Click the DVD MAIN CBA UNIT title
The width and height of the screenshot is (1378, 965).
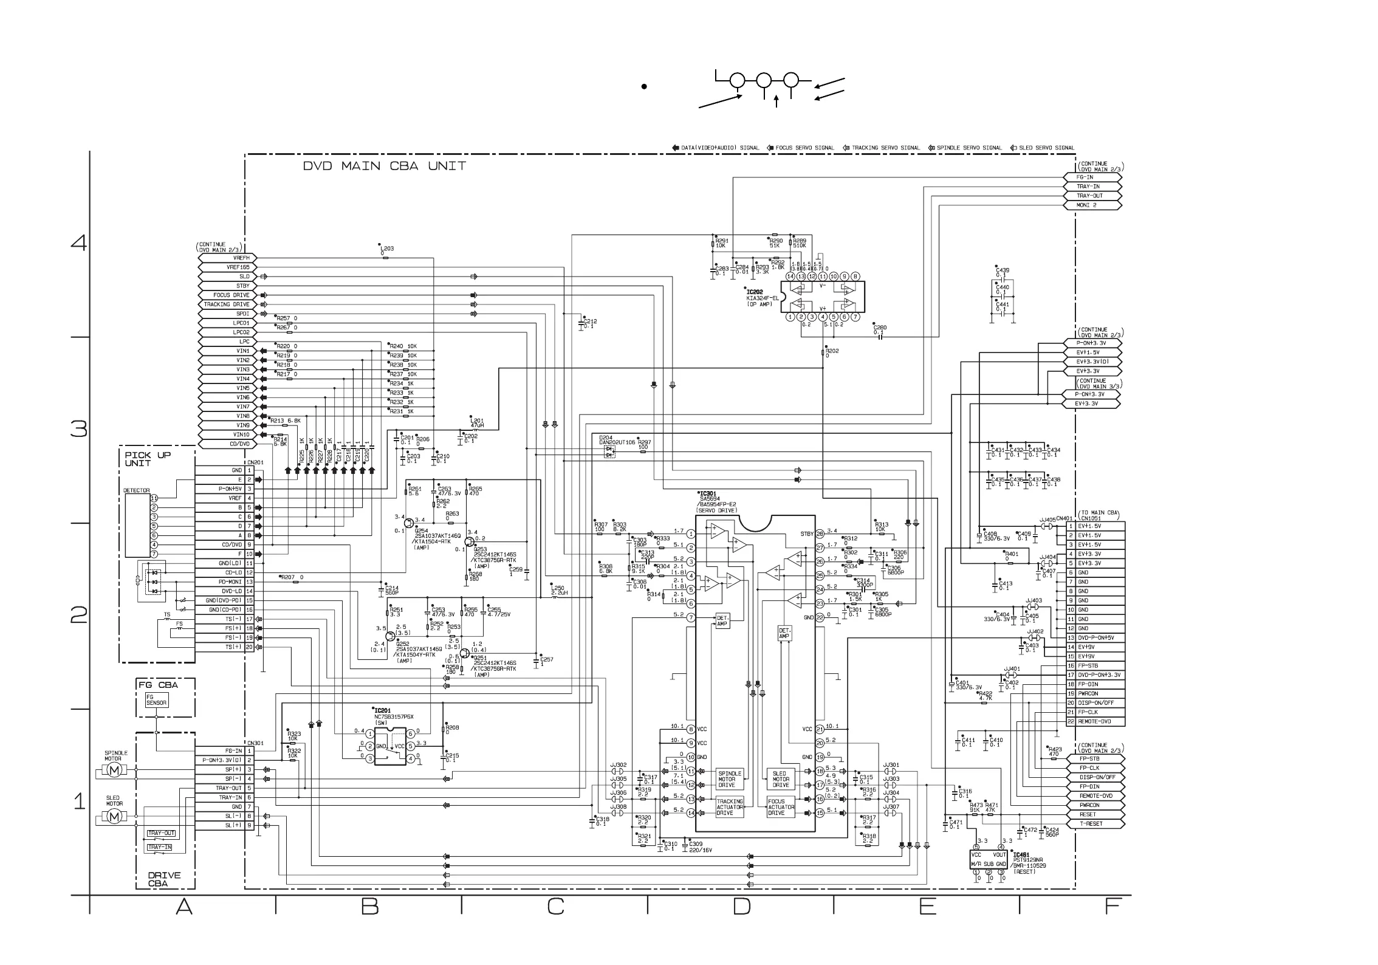click(x=385, y=166)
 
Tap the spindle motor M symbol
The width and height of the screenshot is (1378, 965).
click(x=114, y=770)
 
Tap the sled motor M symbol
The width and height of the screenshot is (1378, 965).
click(x=114, y=817)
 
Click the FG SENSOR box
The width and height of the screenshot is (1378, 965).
click(x=156, y=700)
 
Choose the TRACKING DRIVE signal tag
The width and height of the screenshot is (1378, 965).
click(x=227, y=304)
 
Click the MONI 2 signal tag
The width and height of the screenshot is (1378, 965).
click(x=1091, y=205)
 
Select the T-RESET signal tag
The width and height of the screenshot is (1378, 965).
click(x=1092, y=823)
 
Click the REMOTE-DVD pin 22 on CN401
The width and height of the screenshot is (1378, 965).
click(x=1095, y=721)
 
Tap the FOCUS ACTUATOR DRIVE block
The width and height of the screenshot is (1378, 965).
click(x=781, y=807)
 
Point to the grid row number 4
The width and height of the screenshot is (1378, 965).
click(x=79, y=244)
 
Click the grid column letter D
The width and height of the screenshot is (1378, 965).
click(x=741, y=907)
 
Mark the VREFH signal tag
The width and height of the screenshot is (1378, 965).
click(x=227, y=258)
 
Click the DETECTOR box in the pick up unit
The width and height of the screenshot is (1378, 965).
click(x=137, y=525)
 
